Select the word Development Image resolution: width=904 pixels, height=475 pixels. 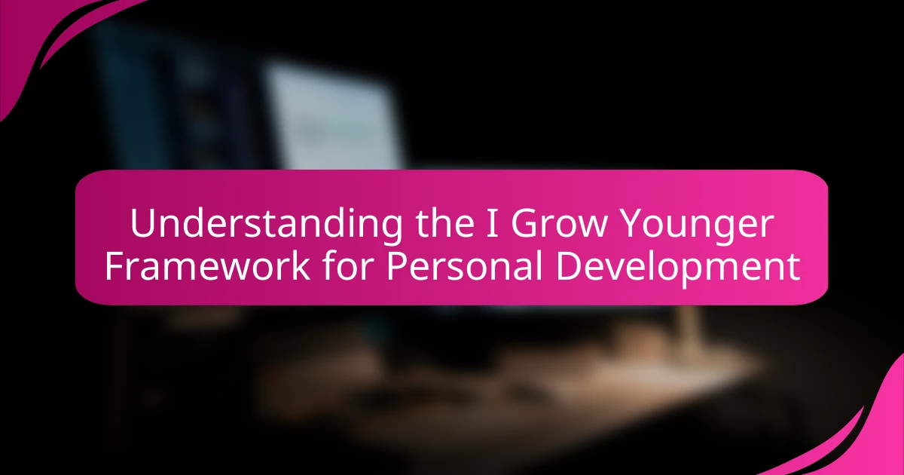(678, 267)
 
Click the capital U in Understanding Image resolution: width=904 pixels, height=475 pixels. (142, 224)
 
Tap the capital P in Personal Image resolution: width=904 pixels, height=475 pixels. (397, 267)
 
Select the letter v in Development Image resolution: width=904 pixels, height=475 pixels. (618, 268)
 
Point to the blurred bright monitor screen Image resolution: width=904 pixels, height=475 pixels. (331, 121)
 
